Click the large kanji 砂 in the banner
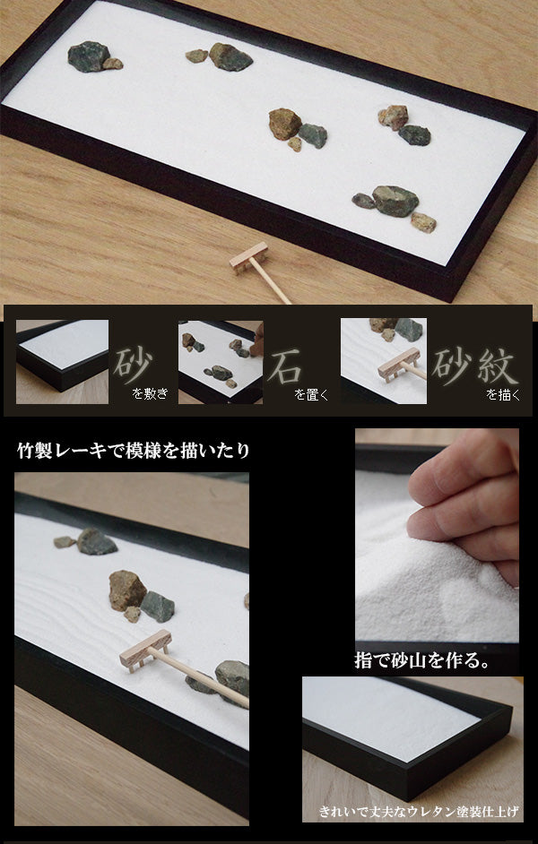pyautogui.click(x=133, y=362)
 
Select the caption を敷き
pyautogui.click(x=150, y=393)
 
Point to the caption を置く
pyautogui.click(x=311, y=393)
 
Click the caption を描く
pyautogui.click(x=503, y=393)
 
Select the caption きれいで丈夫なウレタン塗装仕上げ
pyautogui.click(x=420, y=813)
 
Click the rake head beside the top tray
pyautogui.click(x=248, y=260)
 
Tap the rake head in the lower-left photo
pyautogui.click(x=144, y=650)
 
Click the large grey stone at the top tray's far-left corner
pyautogui.click(x=87, y=56)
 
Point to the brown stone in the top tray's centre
pyautogui.click(x=284, y=123)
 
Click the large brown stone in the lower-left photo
pyautogui.click(x=126, y=588)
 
